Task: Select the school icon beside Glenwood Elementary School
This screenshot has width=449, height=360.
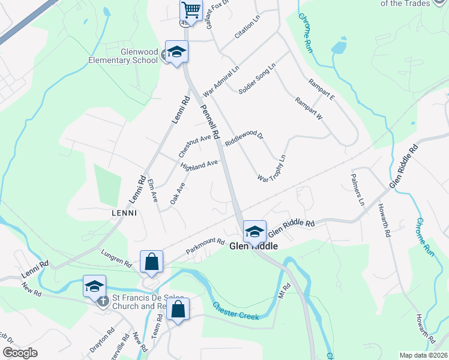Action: [177, 53]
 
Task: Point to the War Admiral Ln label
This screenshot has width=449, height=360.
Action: [221, 82]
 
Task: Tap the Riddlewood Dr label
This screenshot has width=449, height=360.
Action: [244, 140]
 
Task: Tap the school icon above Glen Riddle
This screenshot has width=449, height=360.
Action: [253, 231]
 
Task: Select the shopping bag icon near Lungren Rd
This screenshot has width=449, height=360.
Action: [151, 261]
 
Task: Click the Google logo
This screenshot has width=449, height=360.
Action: [20, 353]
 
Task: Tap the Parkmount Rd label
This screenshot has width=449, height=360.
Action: [205, 246]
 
